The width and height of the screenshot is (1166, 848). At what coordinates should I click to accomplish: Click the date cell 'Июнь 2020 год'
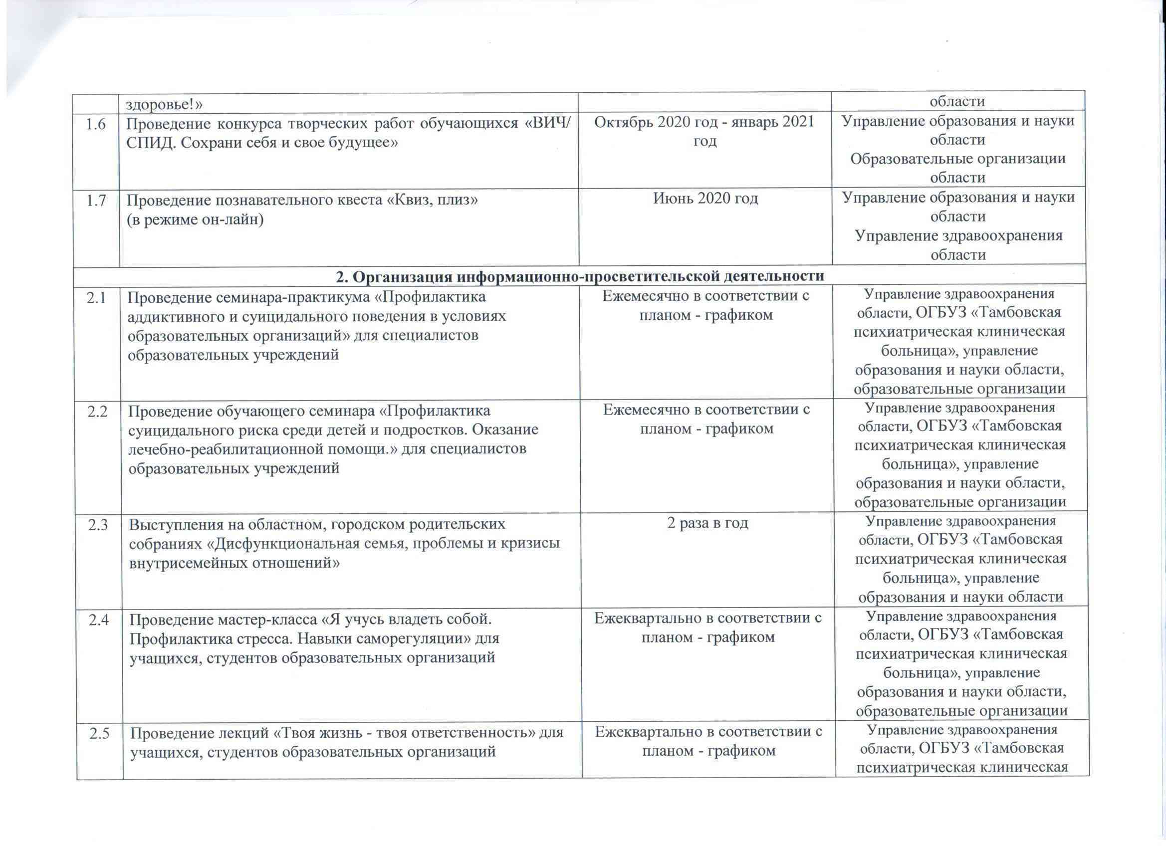(x=705, y=199)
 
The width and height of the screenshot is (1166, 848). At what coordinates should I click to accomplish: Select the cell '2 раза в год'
(x=707, y=523)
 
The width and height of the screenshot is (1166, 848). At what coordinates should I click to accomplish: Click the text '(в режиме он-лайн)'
(x=196, y=219)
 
